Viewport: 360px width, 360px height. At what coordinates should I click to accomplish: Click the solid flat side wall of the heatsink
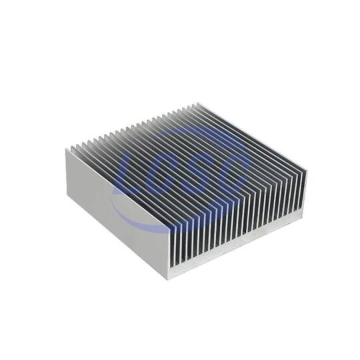pos(118,213)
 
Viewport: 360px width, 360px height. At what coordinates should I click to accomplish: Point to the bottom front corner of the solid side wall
pos(169,280)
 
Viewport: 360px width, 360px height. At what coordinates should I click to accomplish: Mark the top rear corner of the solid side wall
pos(67,149)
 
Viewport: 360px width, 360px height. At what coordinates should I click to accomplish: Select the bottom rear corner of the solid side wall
pos(67,198)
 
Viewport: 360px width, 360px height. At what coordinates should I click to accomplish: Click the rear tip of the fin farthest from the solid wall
pos(197,103)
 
